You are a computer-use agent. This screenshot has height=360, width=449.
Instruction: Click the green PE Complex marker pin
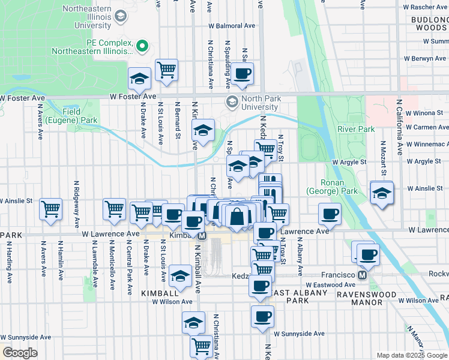tap(142, 46)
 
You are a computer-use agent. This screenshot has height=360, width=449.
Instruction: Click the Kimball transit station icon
tap(202, 236)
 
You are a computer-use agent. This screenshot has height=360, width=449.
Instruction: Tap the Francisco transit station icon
tap(362, 275)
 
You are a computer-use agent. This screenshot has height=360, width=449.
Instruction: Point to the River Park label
tap(356, 129)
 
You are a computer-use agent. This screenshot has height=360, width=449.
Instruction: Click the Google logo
tap(20, 353)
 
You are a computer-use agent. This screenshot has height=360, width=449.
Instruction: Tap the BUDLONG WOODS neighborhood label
tap(429, 23)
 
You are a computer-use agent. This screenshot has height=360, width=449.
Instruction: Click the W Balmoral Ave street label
tap(232, 26)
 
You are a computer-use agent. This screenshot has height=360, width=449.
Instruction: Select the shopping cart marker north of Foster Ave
tap(167, 69)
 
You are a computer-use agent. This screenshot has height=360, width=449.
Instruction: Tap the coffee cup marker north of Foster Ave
tap(243, 73)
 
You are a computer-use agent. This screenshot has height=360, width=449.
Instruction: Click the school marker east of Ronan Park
tap(381, 193)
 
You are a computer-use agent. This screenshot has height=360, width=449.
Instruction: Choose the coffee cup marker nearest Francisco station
tap(368, 254)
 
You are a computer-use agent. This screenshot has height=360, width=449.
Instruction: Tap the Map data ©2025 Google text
tap(411, 355)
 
